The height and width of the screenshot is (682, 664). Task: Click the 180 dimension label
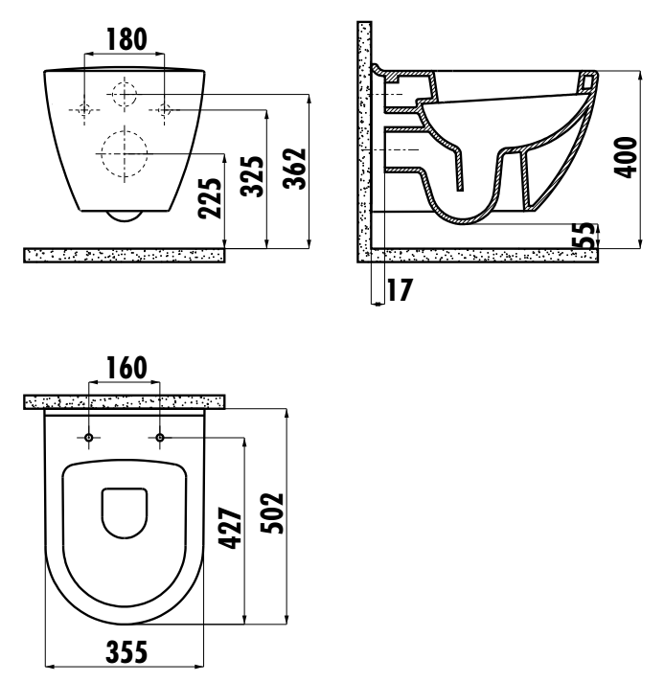click(126, 39)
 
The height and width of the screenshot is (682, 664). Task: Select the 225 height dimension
click(210, 198)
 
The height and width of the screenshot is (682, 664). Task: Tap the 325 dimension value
click(252, 176)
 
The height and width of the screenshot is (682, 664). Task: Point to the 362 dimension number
click(294, 169)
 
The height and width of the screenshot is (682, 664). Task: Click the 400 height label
click(626, 157)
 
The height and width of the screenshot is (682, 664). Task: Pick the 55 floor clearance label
click(588, 235)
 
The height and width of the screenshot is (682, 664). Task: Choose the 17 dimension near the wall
click(400, 290)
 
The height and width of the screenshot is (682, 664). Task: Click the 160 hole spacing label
click(126, 368)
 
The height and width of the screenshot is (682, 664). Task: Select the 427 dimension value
click(230, 528)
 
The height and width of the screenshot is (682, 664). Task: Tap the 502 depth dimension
click(272, 512)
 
